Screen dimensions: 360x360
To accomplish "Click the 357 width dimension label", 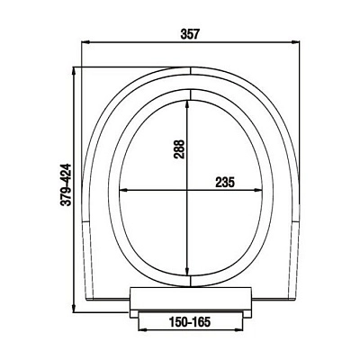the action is pyautogui.click(x=190, y=34).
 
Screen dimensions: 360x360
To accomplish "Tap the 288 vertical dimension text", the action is pyautogui.click(x=179, y=148).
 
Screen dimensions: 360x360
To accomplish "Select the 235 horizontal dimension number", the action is pyautogui.click(x=225, y=182).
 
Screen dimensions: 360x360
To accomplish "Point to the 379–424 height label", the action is pyautogui.click(x=66, y=184).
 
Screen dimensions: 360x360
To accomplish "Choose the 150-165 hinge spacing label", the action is pyautogui.click(x=190, y=322).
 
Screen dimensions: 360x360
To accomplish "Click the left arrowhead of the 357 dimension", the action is pyautogui.click(x=85, y=42).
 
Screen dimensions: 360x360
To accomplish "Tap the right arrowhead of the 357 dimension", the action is pyautogui.click(x=296, y=42).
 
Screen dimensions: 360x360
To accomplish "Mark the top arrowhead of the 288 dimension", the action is pyautogui.click(x=187, y=103).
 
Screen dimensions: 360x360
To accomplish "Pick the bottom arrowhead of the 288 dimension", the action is pyautogui.click(x=187, y=272).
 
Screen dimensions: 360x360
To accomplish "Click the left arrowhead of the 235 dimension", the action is pyautogui.click(x=123, y=190).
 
